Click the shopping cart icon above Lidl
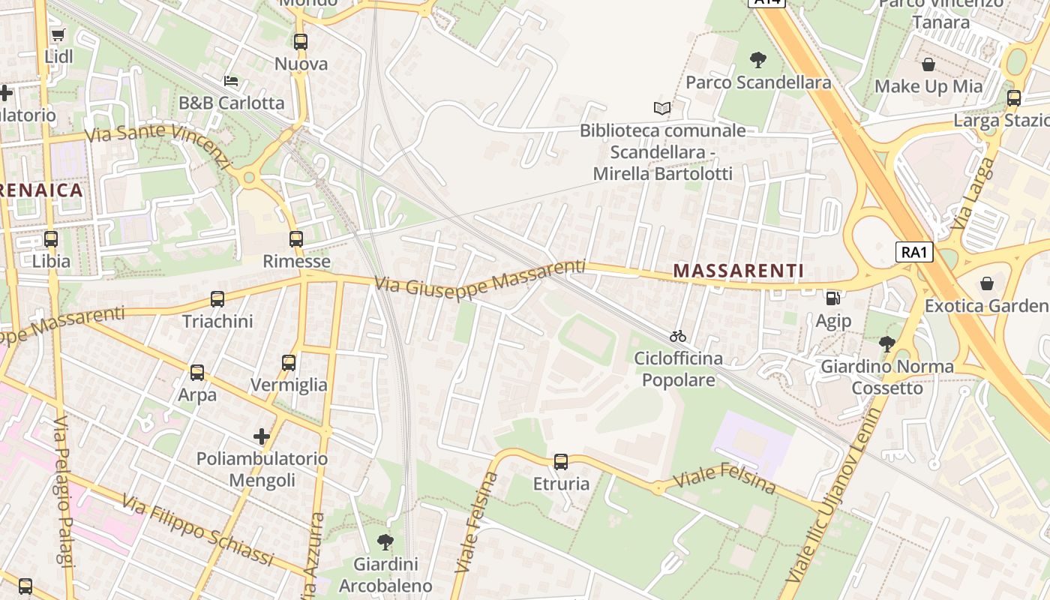pyautogui.click(x=58, y=34)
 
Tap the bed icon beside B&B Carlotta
pyautogui.click(x=231, y=81)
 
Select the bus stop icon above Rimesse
pyautogui.click(x=296, y=239)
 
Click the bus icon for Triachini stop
pyautogui.click(x=217, y=299)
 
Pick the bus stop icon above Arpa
pyautogui.click(x=197, y=373)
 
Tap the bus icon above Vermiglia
pyautogui.click(x=289, y=363)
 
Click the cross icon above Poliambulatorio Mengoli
pyautogui.click(x=262, y=436)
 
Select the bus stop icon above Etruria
pyautogui.click(x=561, y=462)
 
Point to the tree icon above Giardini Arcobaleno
pyautogui.click(x=385, y=541)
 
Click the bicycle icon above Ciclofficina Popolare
pyautogui.click(x=678, y=336)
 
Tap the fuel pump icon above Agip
pyautogui.click(x=832, y=298)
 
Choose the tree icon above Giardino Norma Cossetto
pyautogui.click(x=887, y=344)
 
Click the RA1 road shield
pyautogui.click(x=915, y=252)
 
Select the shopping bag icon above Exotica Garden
pyautogui.click(x=987, y=283)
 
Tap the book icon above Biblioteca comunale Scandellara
pyautogui.click(x=662, y=109)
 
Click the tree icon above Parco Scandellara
pyautogui.click(x=758, y=60)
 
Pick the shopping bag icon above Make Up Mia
pyautogui.click(x=928, y=64)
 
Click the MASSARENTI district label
pyautogui.click(x=738, y=271)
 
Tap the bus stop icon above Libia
pyautogui.click(x=51, y=239)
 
